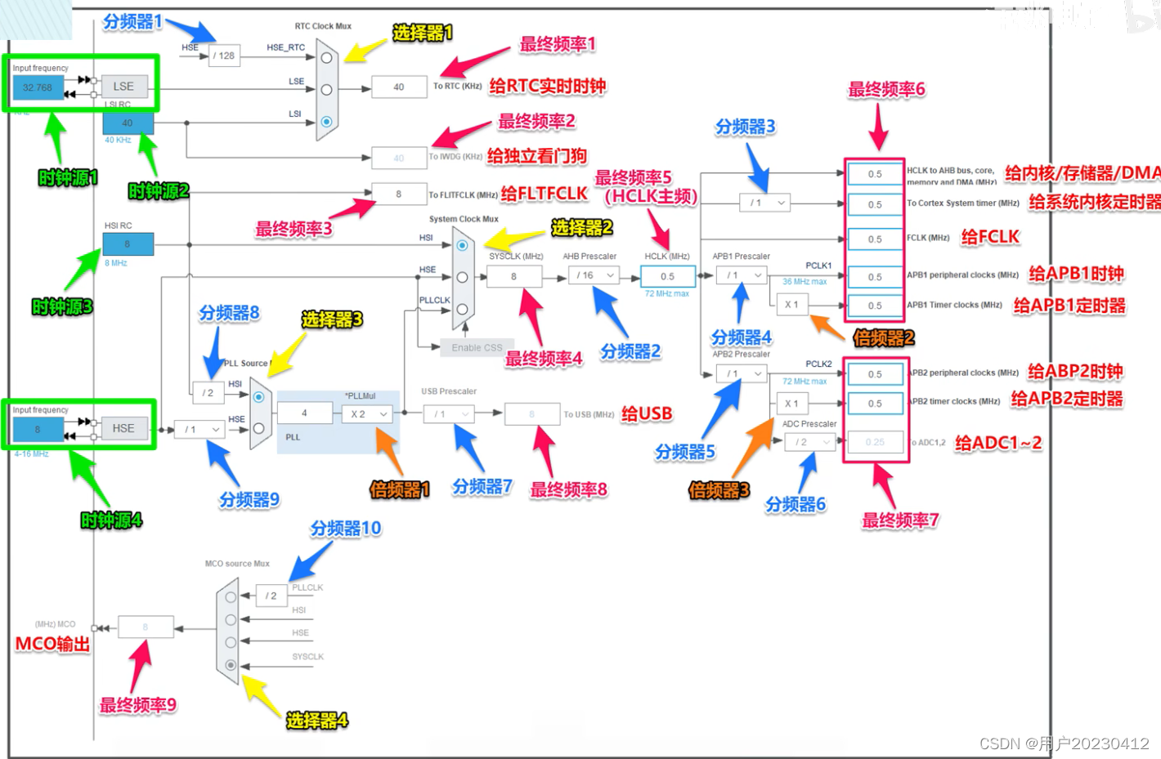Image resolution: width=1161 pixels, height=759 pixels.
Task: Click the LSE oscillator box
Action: pos(123,87)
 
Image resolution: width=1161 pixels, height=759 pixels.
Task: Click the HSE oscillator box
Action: pos(123,428)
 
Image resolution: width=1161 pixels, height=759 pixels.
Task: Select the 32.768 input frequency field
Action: pos(38,87)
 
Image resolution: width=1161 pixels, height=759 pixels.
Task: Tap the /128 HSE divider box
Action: pos(224,56)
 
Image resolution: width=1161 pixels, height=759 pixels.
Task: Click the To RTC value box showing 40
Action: pos(399,87)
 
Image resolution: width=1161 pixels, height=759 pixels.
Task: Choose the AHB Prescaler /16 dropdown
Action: pos(594,275)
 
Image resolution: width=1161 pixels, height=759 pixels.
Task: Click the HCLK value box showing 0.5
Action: pos(668,276)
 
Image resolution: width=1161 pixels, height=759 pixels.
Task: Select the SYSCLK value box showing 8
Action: pos(513,276)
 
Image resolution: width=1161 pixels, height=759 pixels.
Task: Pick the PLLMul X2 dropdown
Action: pos(366,414)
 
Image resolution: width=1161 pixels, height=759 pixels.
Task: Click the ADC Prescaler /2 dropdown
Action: pos(809,442)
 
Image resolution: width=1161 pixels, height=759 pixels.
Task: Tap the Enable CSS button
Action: pos(477,347)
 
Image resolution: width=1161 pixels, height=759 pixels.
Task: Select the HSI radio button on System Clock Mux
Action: pos(463,245)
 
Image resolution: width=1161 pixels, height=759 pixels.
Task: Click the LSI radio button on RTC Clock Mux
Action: pos(326,122)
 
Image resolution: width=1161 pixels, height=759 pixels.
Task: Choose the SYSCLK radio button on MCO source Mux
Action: pos(231,665)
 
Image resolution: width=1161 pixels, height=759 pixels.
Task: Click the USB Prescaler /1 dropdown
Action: pos(449,414)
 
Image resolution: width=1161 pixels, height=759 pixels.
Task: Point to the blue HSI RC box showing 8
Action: pos(128,243)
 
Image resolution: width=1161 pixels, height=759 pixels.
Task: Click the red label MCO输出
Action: pos(52,644)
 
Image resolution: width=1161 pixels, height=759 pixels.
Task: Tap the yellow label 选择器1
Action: pos(422,33)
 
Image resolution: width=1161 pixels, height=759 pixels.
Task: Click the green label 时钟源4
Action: pos(111,520)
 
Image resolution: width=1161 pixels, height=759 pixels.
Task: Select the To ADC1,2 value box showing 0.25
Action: pos(875,442)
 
